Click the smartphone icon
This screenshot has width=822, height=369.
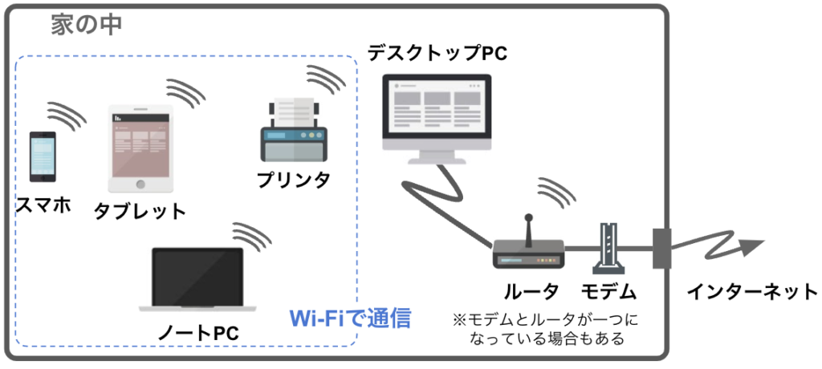pyautogui.click(x=43, y=156)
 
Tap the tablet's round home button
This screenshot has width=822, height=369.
pyautogui.click(x=140, y=184)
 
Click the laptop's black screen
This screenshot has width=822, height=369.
pyautogui.click(x=197, y=276)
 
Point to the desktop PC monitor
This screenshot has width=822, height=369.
pyautogui.click(x=437, y=119)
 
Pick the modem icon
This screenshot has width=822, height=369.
pyautogui.click(x=608, y=249)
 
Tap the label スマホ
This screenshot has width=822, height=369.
pyautogui.click(x=43, y=205)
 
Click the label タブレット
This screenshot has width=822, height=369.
pyautogui.click(x=140, y=212)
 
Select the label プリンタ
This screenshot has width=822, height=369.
pyautogui.click(x=294, y=180)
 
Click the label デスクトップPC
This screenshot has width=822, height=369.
pyautogui.click(x=437, y=53)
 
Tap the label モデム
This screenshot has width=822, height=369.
pyautogui.click(x=608, y=291)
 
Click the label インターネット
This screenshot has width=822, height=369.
pyautogui.click(x=752, y=291)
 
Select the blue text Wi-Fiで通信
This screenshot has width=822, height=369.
pyautogui.click(x=350, y=318)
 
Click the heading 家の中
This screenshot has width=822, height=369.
pyautogui.click(x=86, y=25)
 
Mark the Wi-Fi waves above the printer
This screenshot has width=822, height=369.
pyautogui.click(x=326, y=78)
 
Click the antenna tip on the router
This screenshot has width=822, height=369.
pyautogui.click(x=528, y=217)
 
